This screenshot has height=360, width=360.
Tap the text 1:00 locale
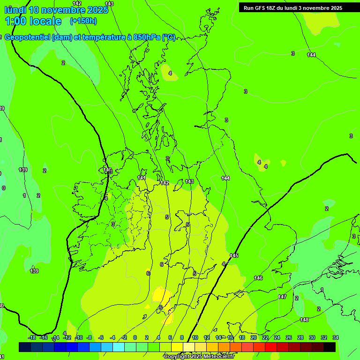point(33,21)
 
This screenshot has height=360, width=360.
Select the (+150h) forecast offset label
point(83,21)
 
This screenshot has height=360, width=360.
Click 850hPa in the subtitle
point(147,37)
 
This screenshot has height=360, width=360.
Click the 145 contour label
point(234,255)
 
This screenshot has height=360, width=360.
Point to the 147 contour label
point(282,297)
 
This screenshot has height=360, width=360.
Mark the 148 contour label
point(304,320)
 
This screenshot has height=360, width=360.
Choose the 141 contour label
point(142,178)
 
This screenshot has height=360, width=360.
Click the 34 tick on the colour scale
point(336,337)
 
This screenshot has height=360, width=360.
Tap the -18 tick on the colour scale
point(32,337)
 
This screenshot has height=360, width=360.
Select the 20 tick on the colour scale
point(254,337)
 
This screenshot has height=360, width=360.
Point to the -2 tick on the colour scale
point(124,337)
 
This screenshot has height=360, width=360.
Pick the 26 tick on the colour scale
point(289,337)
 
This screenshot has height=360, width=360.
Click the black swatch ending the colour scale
point(330,347)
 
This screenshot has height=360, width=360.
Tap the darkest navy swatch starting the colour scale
point(25,347)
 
